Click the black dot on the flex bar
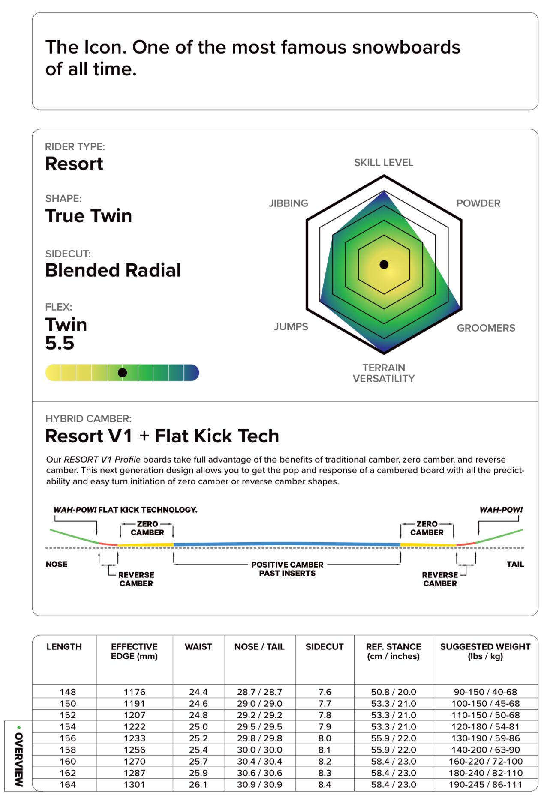[x=122, y=373]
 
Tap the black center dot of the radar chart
[x=384, y=265]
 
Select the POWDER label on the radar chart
[x=478, y=203]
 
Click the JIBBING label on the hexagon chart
[x=288, y=203]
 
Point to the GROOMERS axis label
[x=486, y=328]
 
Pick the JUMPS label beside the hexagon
[x=291, y=327]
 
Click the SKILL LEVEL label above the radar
[x=384, y=163]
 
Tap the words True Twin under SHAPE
[x=88, y=216]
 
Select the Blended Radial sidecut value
[x=113, y=270]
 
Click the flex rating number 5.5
[x=60, y=343]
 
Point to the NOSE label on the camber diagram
[x=57, y=564]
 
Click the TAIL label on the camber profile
[x=515, y=564]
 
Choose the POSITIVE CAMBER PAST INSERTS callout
[x=287, y=569]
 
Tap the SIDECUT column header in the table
[x=325, y=647]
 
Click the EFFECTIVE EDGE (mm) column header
[x=134, y=652]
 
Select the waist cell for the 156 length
[x=198, y=738]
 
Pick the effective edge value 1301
[x=135, y=785]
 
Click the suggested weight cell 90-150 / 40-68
[x=485, y=692]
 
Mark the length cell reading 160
[x=68, y=762]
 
